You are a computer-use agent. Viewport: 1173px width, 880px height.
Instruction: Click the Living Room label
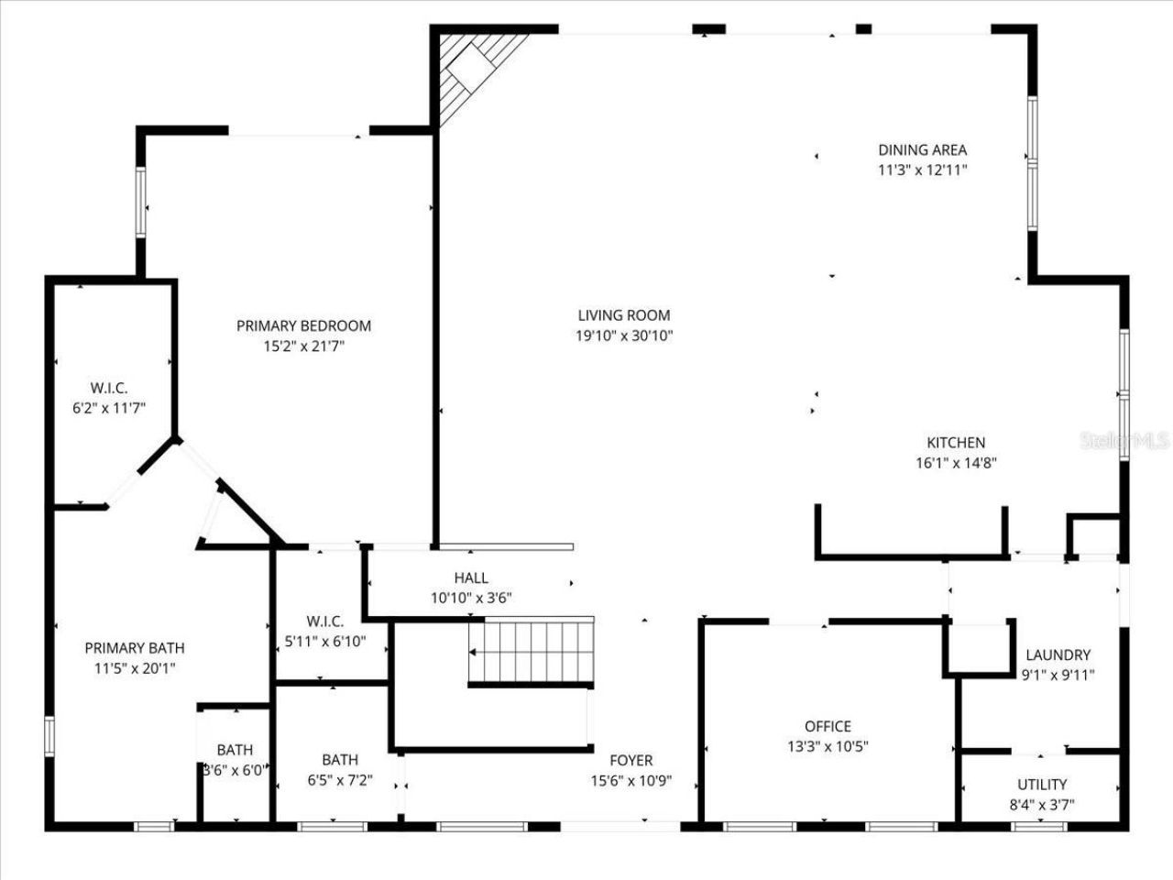tap(624, 315)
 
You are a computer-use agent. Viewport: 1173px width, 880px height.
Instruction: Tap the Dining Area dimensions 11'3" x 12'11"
tap(922, 170)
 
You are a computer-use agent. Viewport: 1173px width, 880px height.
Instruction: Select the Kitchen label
tap(955, 443)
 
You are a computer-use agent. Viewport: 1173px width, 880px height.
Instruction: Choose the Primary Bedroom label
tap(303, 325)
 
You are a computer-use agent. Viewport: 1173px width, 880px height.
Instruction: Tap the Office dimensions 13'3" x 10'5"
tap(828, 746)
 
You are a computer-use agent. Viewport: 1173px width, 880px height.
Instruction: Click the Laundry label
tap(1058, 654)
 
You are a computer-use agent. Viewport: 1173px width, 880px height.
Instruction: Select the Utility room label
tap(1042, 785)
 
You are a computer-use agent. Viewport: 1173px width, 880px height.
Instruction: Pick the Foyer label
tap(631, 760)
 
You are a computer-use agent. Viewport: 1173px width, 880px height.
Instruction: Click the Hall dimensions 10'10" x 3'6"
tap(471, 598)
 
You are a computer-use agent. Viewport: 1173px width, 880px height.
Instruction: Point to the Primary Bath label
tap(134, 648)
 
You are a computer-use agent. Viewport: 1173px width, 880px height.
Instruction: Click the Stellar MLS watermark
tap(1125, 441)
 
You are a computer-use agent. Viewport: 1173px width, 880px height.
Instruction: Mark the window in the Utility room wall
tap(1040, 826)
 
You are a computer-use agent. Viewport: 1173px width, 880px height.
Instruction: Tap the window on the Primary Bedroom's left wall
tap(141, 202)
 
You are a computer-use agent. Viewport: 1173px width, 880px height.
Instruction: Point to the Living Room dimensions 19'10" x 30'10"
tap(624, 335)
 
